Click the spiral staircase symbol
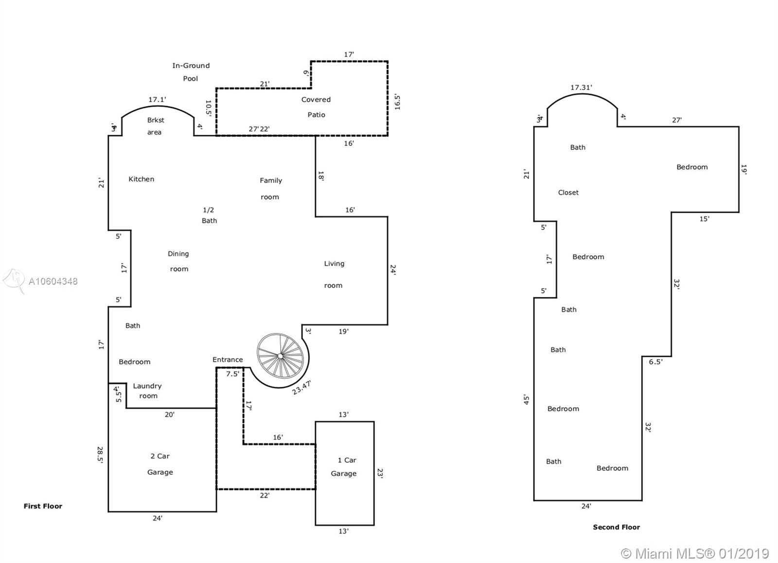tap(280, 356)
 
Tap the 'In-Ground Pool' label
tap(191, 72)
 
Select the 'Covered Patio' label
tap(316, 107)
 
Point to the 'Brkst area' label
tap(155, 126)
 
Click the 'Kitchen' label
tap(141, 179)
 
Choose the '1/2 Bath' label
tap(209, 215)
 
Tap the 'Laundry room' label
tap(148, 391)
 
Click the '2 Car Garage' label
tap(160, 464)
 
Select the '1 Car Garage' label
tap(344, 467)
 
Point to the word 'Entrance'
tap(228, 360)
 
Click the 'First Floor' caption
tap(43, 506)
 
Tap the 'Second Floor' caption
tap(617, 527)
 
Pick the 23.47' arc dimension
tap(301, 387)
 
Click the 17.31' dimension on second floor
tap(581, 88)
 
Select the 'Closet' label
tap(568, 193)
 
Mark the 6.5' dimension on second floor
tap(656, 362)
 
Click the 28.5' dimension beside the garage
tap(100, 454)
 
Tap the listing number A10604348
tap(53, 281)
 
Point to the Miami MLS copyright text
tap(695, 553)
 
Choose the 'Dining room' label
tap(178, 261)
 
